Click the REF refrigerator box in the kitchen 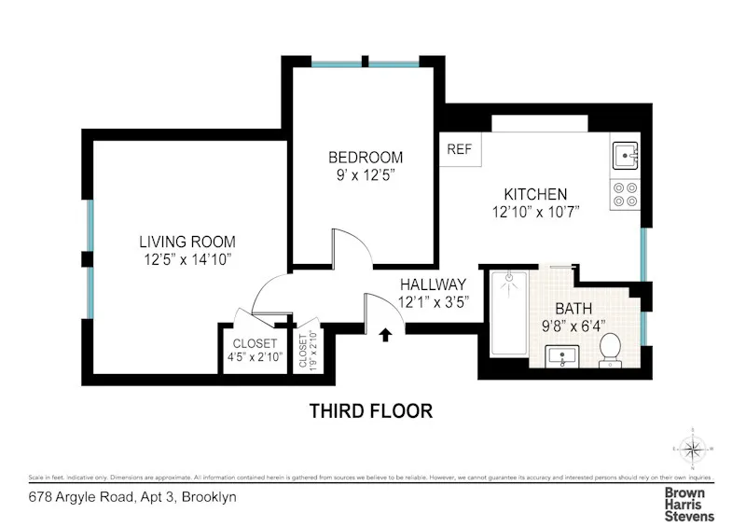pos(459,149)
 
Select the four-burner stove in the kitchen pos(624,192)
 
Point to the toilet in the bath pos(612,351)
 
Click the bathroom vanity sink pos(562,355)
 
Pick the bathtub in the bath pos(509,312)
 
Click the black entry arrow pos(386,334)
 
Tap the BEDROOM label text pos(365,157)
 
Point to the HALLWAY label pos(433,284)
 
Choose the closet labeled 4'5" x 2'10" pos(255,349)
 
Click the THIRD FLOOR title pos(371,410)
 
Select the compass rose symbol pos(693,451)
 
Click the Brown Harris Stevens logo pos(689,504)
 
